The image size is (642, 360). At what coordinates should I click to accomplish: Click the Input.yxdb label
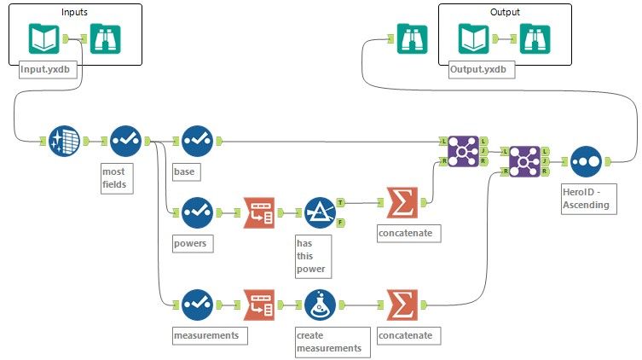click(x=49, y=71)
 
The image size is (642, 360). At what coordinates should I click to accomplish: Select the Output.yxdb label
click(x=477, y=71)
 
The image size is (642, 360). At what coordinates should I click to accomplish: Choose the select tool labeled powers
click(x=197, y=208)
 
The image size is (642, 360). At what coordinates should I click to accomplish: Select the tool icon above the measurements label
click(x=197, y=304)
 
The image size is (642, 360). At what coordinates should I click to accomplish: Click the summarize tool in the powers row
click(x=402, y=203)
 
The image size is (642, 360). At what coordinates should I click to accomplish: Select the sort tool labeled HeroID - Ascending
click(x=587, y=159)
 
